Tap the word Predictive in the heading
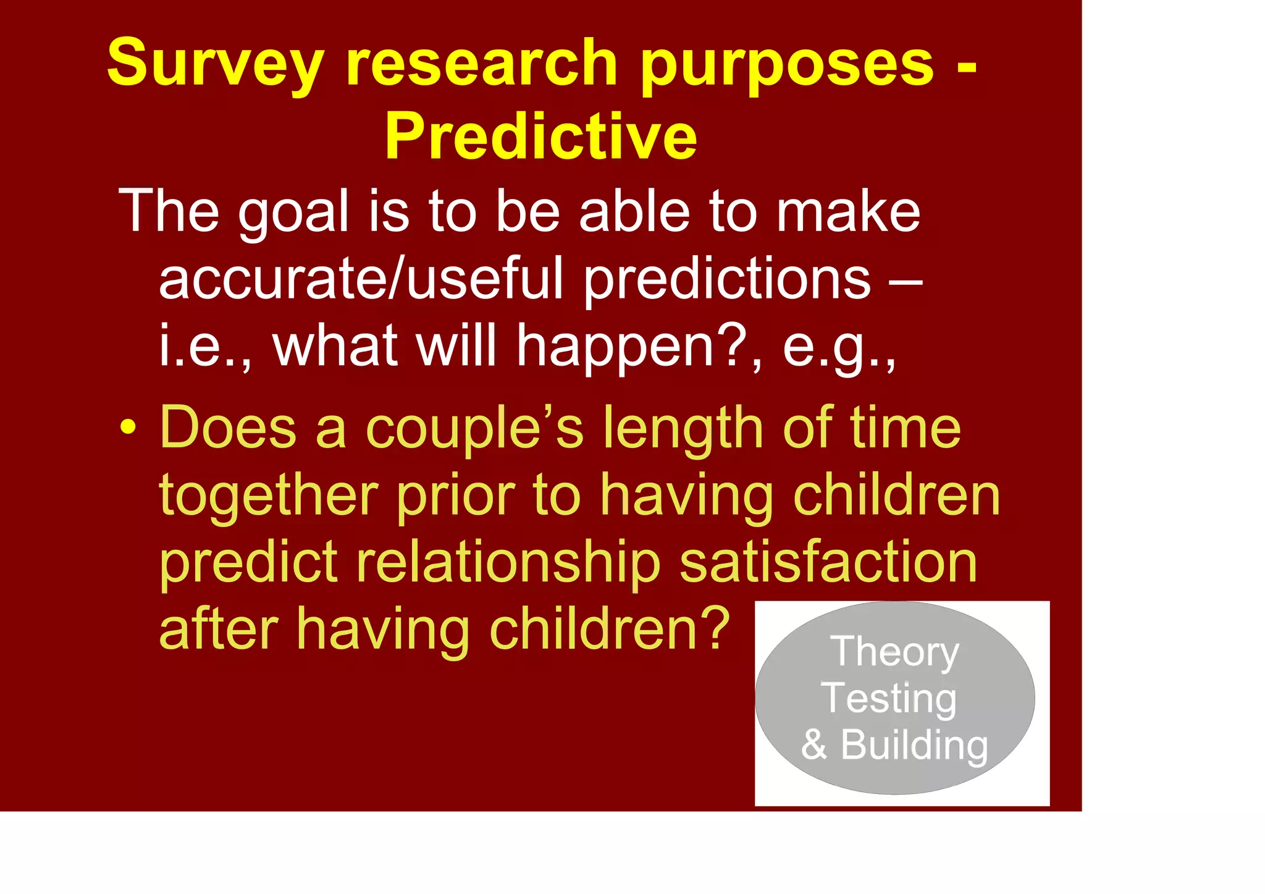pyautogui.click(x=540, y=137)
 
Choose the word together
pyautogui.click(x=268, y=495)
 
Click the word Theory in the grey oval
pyautogui.click(x=895, y=652)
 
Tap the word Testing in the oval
pyautogui.click(x=889, y=698)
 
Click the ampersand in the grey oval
pyautogui.click(x=814, y=744)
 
